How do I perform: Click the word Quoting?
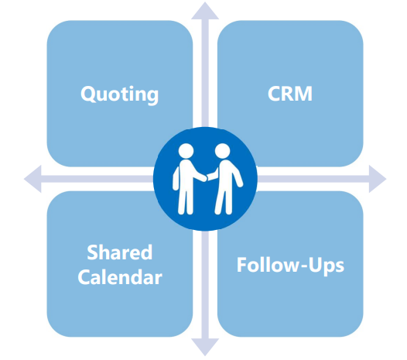tap(119, 94)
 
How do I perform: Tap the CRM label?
tap(290, 94)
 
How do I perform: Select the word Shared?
tap(119, 252)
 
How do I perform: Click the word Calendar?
tap(120, 277)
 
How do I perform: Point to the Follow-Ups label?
tap(290, 265)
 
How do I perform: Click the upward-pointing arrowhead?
tap(205, 11)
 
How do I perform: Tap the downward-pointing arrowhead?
tap(205, 347)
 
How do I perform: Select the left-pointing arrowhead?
tap(32, 179)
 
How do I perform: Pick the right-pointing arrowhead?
tap(378, 179)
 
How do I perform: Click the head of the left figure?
tap(186, 151)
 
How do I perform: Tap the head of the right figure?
tap(222, 151)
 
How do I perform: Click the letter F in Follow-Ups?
tap(241, 265)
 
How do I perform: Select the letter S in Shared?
tap(92, 252)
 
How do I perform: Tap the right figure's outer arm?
tap(238, 174)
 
